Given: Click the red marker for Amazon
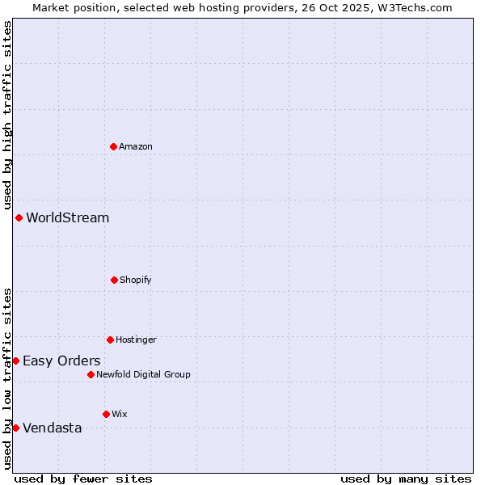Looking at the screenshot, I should pos(113,146).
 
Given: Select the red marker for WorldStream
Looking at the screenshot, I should pos(19,217).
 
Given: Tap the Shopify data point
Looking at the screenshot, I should pos(114,280).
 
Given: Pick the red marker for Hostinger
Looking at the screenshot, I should pos(110,339).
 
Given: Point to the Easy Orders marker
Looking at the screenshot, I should pos(15,361).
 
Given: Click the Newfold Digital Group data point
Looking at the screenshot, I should pos(91,374).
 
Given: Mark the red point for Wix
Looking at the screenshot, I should pos(106,414).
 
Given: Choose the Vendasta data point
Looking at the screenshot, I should pos(15,428).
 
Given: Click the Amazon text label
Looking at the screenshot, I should pos(136,146).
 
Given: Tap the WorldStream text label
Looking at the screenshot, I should pos(68,217).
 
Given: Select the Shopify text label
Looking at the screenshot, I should pos(136,280).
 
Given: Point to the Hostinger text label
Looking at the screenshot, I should pos(136,339).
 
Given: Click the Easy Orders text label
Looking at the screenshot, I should pos(61,361).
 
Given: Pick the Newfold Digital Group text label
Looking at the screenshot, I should pos(143,374).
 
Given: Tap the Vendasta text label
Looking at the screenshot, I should pos(53,428).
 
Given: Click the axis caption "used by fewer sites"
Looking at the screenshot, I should pos(83,479).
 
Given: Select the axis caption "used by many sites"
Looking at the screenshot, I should pos(406,479).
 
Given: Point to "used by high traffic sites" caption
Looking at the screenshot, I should pos(7,116).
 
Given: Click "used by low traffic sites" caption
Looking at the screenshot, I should pos(7,377).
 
